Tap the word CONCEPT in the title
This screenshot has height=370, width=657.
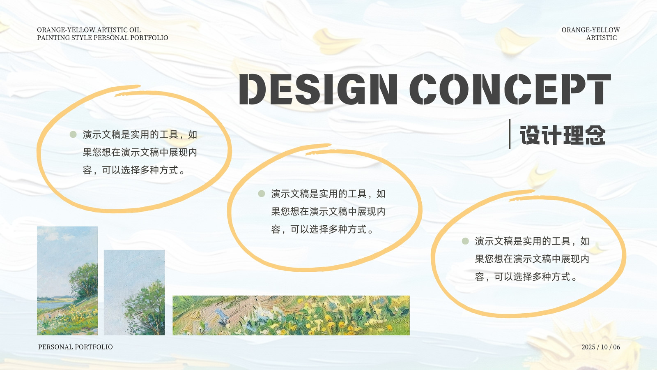(510, 89)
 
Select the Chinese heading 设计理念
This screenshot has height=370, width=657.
(563, 135)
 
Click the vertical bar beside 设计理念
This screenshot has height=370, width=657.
(510, 134)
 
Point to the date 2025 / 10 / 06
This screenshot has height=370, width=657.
(601, 347)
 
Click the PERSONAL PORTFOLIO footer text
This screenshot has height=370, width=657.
(76, 347)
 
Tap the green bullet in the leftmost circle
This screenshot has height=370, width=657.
(73, 134)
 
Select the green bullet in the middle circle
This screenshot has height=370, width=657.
(261, 194)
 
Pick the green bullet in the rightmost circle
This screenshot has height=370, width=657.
(465, 241)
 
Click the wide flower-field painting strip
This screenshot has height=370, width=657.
(291, 315)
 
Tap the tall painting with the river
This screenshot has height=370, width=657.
(67, 281)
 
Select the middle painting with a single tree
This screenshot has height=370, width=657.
(134, 292)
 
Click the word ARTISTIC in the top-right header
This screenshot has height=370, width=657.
(602, 38)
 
